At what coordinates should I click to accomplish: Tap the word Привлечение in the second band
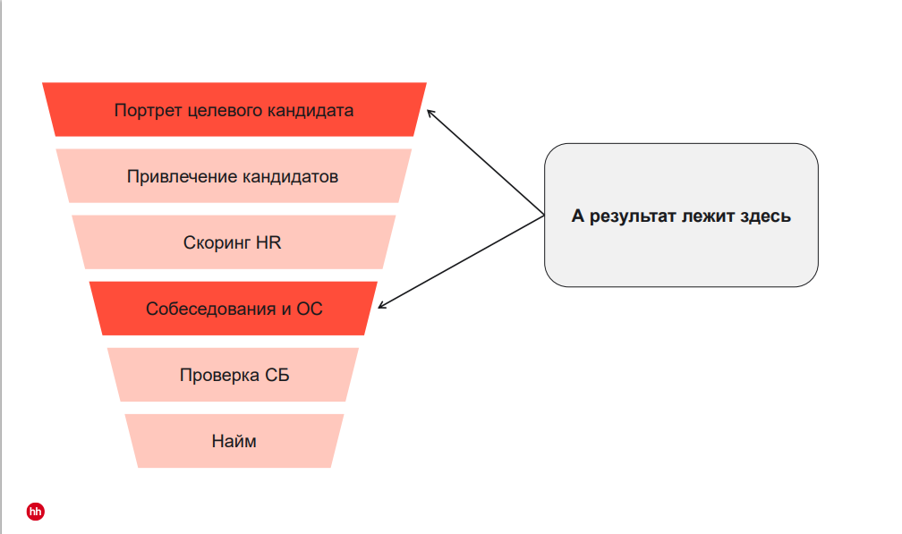click(x=182, y=176)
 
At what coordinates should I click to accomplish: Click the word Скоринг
click(x=217, y=242)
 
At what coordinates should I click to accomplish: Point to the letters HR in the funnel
click(x=268, y=242)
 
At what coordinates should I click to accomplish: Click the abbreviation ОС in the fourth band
click(x=309, y=309)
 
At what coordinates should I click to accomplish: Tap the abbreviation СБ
click(x=277, y=376)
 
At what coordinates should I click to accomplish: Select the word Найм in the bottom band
click(x=234, y=441)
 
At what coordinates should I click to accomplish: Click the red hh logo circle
click(x=36, y=512)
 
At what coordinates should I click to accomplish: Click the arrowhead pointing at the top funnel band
click(x=430, y=112)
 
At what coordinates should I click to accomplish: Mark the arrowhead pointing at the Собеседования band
click(x=381, y=306)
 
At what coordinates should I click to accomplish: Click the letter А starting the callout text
click(x=577, y=216)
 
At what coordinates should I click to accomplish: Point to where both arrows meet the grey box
click(x=545, y=216)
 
